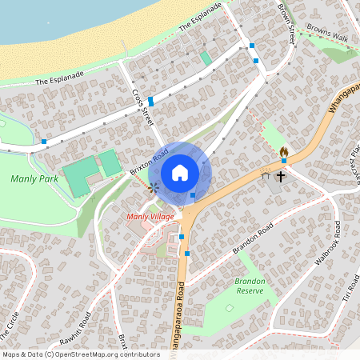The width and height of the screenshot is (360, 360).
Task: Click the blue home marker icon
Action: click(x=180, y=172)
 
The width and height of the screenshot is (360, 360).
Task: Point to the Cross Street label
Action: click(x=142, y=105)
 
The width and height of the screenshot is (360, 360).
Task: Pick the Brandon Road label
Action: click(x=254, y=238)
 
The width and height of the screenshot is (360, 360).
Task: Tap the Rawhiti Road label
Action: click(x=76, y=325)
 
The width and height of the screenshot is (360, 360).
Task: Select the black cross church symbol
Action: click(x=281, y=175)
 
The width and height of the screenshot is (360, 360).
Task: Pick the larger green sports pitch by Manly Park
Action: click(x=78, y=178)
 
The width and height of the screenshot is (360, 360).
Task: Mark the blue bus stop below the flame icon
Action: click(x=283, y=162)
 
